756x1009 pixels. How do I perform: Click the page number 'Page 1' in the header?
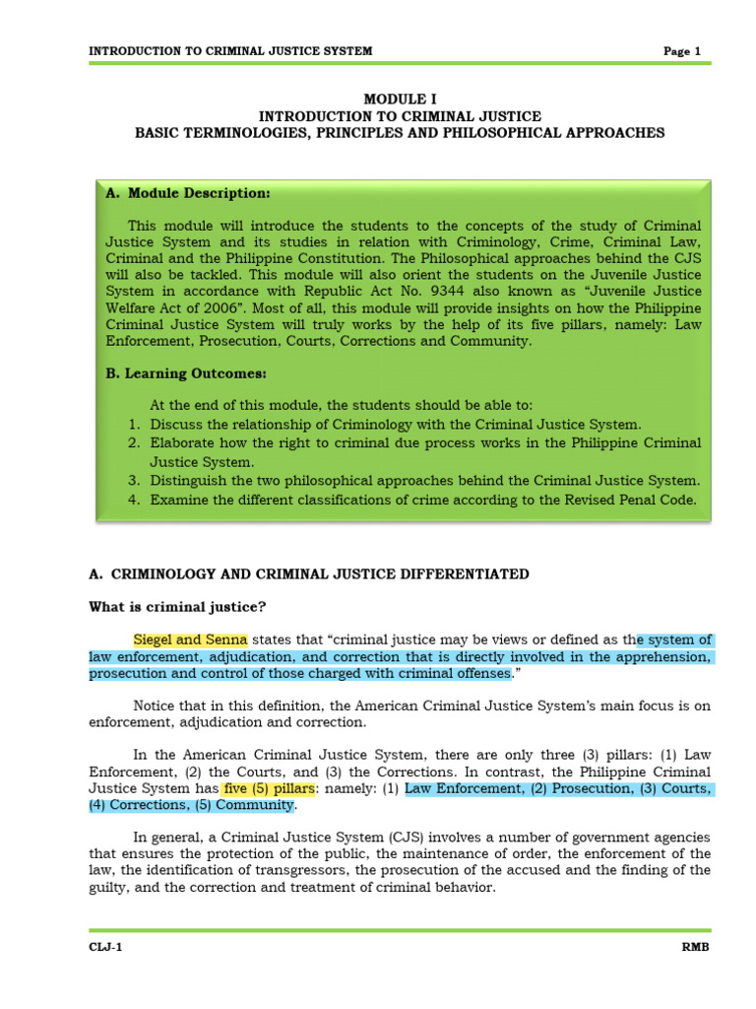click(x=681, y=51)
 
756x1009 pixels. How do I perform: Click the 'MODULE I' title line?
click(x=400, y=100)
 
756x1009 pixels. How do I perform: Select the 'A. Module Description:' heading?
click(x=187, y=193)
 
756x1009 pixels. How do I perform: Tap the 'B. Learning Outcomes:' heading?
click(x=185, y=373)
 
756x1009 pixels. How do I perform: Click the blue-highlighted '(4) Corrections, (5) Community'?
click(x=192, y=805)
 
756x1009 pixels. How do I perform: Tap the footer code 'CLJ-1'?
click(x=105, y=948)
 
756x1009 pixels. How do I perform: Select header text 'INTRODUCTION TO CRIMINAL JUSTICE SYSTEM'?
click(x=230, y=51)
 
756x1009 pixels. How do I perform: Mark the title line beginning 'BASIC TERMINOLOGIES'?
click(x=400, y=132)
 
